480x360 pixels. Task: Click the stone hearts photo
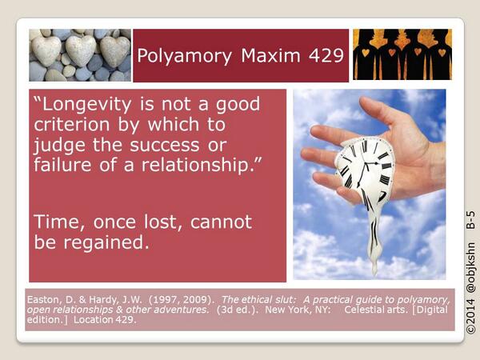tap(78, 54)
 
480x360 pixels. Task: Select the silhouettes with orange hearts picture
tap(402, 54)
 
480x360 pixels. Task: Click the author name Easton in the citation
tap(46, 300)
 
